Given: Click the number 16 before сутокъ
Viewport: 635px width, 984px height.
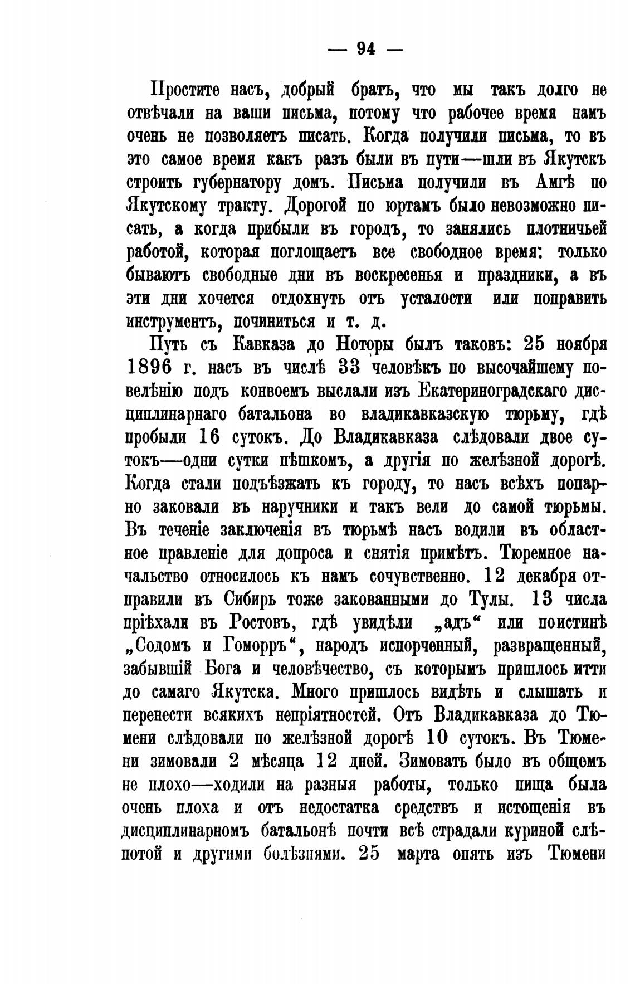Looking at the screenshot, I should [x=213, y=437].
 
